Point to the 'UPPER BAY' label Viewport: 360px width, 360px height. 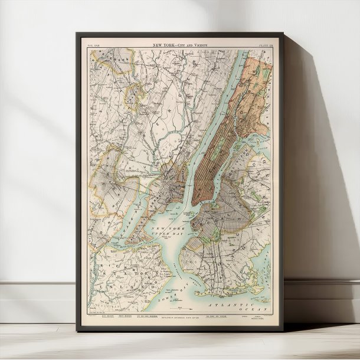click(168, 235)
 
